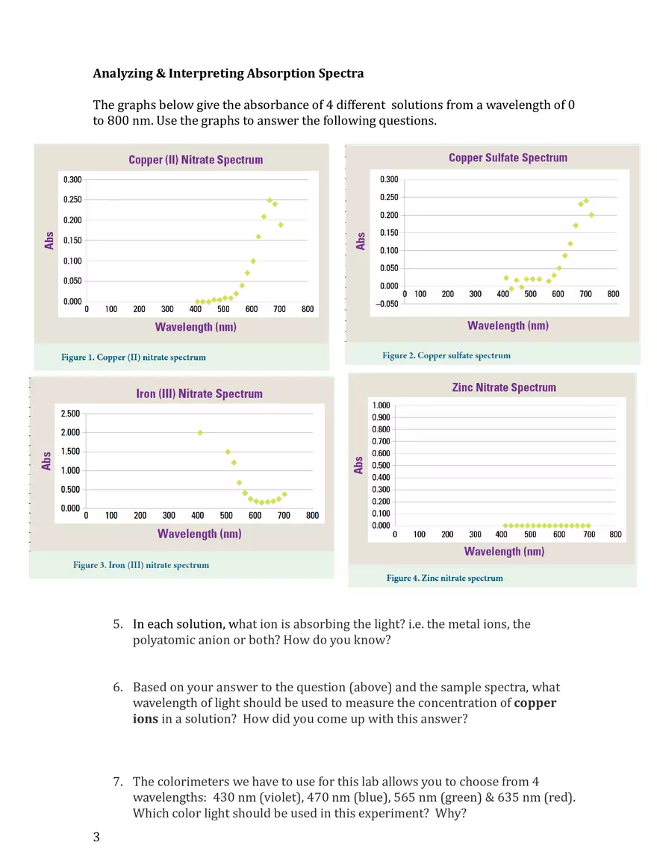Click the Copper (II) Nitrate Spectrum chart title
196,160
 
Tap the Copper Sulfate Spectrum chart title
508,158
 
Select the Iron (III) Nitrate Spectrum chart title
199,393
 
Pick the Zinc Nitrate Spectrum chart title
504,387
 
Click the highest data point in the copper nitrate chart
270,200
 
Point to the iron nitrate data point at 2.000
200,432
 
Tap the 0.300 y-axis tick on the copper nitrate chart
72,179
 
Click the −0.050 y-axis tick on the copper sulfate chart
385,304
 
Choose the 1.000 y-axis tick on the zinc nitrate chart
380,405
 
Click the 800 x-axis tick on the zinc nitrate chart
615,535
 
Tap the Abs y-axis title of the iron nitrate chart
46,460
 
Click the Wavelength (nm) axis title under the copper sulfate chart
508,325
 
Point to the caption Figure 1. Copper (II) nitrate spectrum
134,358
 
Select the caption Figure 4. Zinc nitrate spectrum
444,578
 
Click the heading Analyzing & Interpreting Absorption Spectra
228,73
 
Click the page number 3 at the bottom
96,836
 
